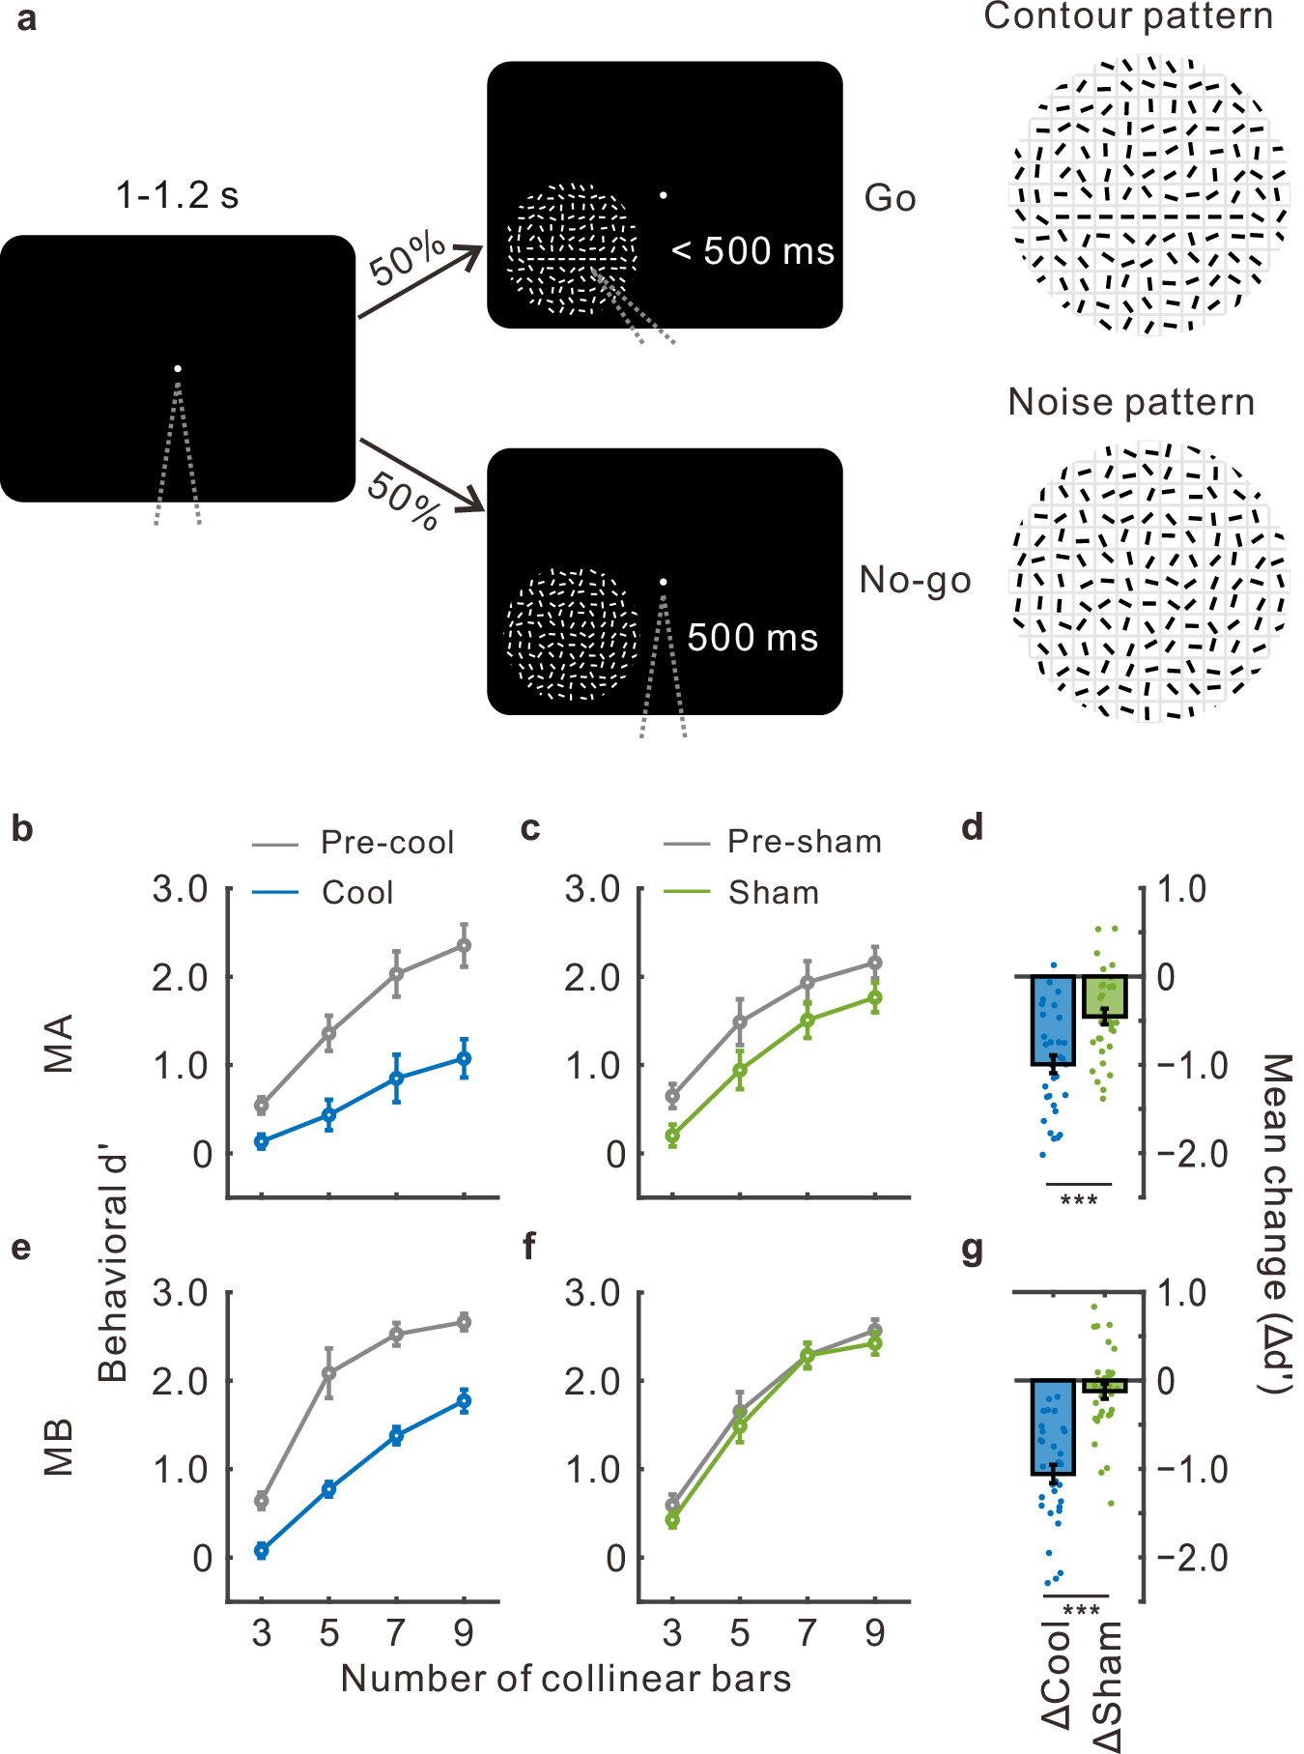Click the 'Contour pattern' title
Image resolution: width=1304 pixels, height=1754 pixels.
(1127, 16)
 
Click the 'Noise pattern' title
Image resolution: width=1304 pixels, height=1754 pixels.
(1131, 402)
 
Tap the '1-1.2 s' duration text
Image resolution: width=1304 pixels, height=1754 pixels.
(177, 196)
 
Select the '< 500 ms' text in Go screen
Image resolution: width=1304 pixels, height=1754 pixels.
(753, 251)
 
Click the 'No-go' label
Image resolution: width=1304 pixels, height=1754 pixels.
(915, 580)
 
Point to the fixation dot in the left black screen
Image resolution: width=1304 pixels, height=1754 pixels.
(177, 368)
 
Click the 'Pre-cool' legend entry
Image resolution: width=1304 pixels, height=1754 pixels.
(386, 843)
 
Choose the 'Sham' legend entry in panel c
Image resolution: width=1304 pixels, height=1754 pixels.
(773, 893)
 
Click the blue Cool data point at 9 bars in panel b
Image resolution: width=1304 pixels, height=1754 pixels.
(465, 1059)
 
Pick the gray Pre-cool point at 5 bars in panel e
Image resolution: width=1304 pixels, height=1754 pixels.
(329, 1372)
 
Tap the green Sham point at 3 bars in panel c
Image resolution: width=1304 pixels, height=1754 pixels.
(672, 1136)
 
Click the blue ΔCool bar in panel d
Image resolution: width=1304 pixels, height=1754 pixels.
(1053, 1021)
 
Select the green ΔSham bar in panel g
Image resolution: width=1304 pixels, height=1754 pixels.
(1105, 1386)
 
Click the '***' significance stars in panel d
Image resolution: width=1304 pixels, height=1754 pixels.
(1079, 1200)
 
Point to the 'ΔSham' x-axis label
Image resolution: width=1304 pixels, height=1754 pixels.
(1108, 1686)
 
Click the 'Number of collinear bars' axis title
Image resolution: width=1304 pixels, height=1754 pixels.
(566, 1679)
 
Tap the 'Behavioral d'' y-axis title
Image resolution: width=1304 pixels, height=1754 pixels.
(113, 1266)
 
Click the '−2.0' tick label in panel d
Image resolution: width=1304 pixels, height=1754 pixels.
(1193, 1154)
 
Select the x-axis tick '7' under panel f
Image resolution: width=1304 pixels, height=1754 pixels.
(807, 1633)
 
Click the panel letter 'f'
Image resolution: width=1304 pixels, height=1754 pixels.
(529, 1247)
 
